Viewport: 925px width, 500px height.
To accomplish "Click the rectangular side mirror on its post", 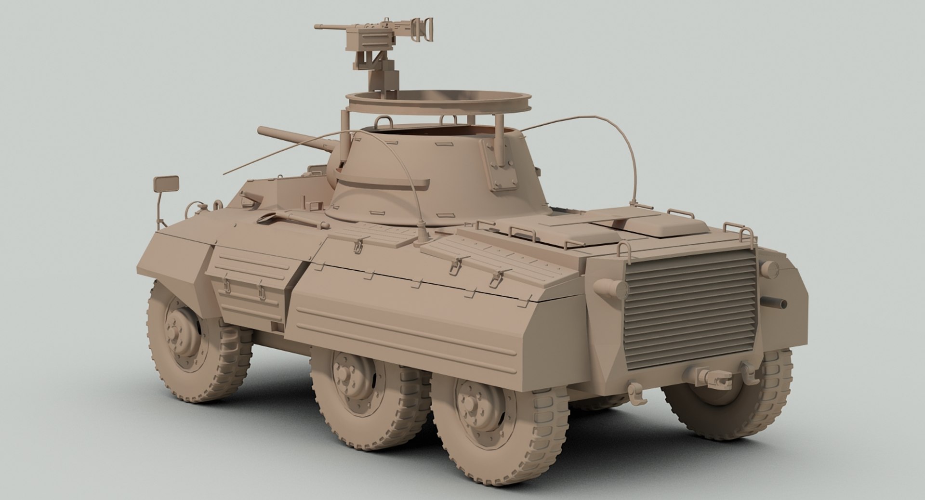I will [x=166, y=184].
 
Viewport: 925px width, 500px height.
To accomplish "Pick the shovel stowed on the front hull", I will [x=289, y=219].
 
